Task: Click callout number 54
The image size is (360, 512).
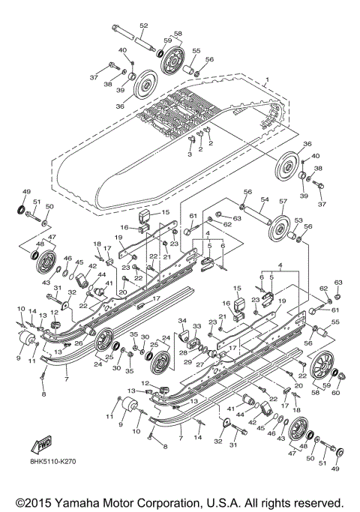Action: (263, 200)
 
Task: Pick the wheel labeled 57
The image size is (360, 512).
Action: (281, 225)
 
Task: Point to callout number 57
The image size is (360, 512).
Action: (283, 202)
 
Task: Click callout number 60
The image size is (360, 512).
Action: (336, 393)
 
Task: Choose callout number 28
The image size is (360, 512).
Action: (183, 352)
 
